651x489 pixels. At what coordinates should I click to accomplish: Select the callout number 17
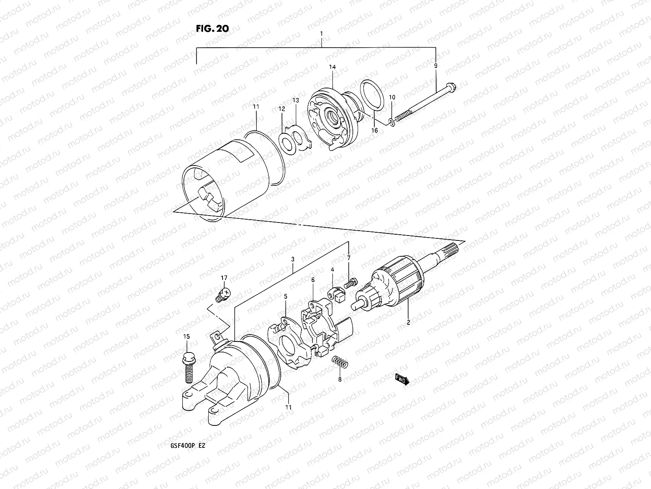(x=224, y=278)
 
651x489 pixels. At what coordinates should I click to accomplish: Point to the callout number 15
(x=186, y=337)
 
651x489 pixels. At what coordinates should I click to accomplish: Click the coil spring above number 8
(x=339, y=361)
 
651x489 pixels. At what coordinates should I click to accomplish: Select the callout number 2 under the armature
(x=408, y=323)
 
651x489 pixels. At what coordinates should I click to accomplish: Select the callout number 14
(x=332, y=66)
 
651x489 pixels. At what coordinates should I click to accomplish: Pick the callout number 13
(x=295, y=100)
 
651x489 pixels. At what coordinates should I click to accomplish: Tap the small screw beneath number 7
(x=350, y=282)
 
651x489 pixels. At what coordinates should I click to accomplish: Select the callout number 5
(x=286, y=297)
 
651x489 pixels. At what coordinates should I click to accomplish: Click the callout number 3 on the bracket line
(x=293, y=259)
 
